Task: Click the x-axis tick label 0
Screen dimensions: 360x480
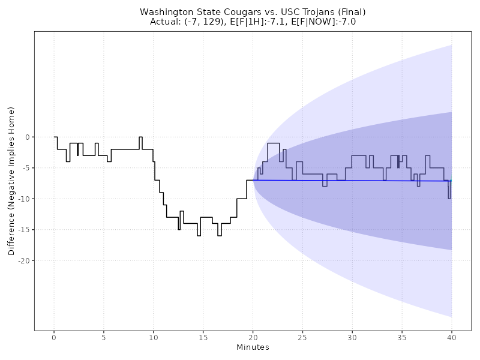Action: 54,338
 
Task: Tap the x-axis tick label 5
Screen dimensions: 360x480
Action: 104,338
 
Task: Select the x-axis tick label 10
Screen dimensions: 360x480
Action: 154,338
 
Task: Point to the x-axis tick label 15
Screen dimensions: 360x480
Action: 203,338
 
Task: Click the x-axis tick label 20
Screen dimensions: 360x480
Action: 253,338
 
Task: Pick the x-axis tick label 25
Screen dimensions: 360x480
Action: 302,338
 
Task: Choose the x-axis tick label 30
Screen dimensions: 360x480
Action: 352,338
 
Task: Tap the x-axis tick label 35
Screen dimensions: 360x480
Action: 402,338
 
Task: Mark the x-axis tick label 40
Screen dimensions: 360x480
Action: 452,338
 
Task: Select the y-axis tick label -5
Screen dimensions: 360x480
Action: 25,168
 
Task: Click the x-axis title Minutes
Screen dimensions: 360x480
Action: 253,348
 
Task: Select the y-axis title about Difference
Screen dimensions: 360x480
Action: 11,181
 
